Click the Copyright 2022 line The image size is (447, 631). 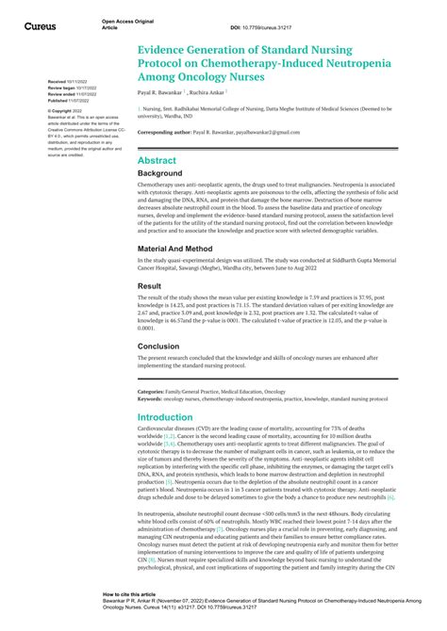pos(65,111)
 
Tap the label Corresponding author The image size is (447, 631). pos(164,132)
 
